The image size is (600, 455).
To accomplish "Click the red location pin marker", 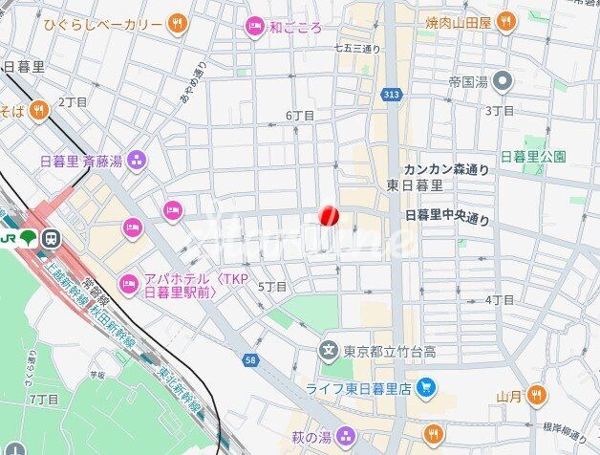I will (328, 217).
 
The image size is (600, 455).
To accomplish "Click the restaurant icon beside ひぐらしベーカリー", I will (176, 22).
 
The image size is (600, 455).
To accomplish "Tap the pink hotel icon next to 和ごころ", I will (253, 27).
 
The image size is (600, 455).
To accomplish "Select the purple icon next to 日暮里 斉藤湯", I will (137, 160).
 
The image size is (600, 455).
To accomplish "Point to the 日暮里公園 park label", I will (533, 156).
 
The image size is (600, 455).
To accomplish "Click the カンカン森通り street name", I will (445, 169).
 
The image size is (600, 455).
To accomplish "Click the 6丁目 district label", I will (300, 115).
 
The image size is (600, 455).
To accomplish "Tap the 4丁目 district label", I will (500, 299).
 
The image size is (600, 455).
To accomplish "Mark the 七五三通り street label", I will (358, 48).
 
